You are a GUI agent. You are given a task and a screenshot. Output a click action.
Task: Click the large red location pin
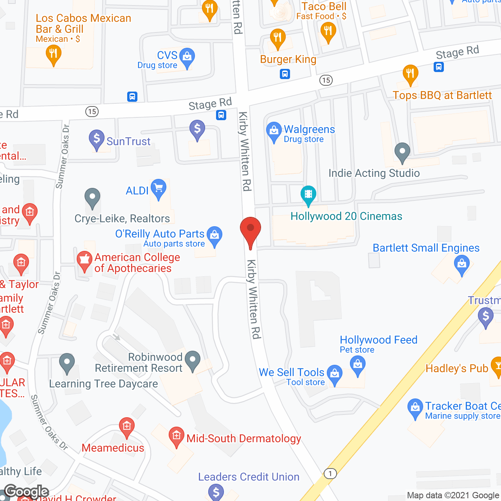pyautogui.click(x=250, y=231)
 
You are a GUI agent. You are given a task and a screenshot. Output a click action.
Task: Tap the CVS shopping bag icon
pyautogui.click(x=187, y=58)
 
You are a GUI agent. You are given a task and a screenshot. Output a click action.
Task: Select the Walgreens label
pyautogui.click(x=309, y=130)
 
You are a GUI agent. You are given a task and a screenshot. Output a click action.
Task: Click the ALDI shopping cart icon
pyautogui.click(x=159, y=189)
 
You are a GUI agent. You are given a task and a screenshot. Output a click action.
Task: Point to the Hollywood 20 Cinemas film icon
pyautogui.click(x=308, y=195)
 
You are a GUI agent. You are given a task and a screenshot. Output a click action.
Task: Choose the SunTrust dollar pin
pyautogui.click(x=97, y=139)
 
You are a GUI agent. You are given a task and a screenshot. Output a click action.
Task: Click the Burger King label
pyautogui.click(x=288, y=59)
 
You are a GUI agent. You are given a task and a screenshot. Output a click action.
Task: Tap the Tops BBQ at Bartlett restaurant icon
pyautogui.click(x=410, y=74)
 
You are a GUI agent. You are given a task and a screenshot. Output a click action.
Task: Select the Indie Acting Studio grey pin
pyautogui.click(x=402, y=152)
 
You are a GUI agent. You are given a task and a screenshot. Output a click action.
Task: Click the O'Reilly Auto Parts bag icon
pyautogui.click(x=214, y=236)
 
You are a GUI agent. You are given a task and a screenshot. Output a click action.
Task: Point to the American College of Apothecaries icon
pyautogui.click(x=84, y=261)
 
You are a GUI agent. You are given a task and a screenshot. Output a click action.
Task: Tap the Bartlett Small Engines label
pyautogui.click(x=426, y=248)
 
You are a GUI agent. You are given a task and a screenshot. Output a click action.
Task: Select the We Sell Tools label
pyautogui.click(x=292, y=372)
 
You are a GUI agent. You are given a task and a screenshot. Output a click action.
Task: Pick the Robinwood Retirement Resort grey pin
pyautogui.click(x=193, y=360)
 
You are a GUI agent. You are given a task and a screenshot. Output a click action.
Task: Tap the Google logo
pyautogui.click(x=27, y=492)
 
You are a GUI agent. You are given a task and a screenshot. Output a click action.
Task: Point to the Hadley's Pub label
pyautogui.click(x=457, y=369)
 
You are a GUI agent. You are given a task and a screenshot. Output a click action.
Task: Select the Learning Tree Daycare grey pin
pyautogui.click(x=67, y=363)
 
